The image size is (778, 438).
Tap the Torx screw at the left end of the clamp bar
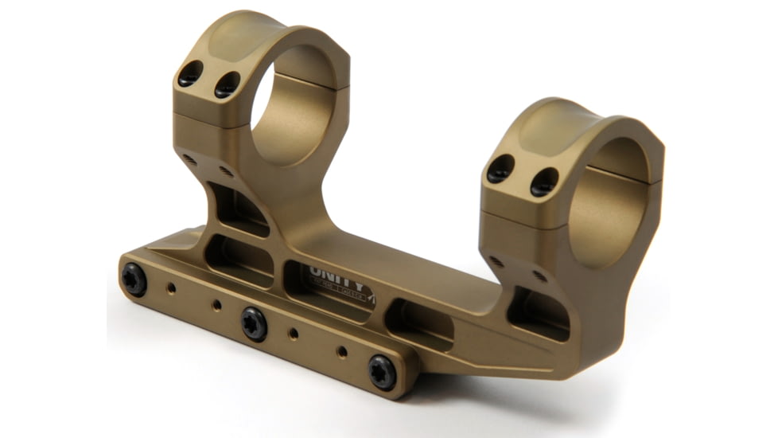134,280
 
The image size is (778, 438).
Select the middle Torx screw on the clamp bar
255,324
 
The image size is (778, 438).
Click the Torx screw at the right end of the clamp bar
382,371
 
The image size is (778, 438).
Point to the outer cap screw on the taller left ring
190,75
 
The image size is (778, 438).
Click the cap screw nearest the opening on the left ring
227,84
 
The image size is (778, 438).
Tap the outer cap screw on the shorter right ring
500,169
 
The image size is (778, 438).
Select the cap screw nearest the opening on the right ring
544,181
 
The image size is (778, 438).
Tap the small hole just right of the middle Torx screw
293,333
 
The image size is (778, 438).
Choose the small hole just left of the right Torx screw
341,351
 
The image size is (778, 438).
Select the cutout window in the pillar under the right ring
538,311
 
